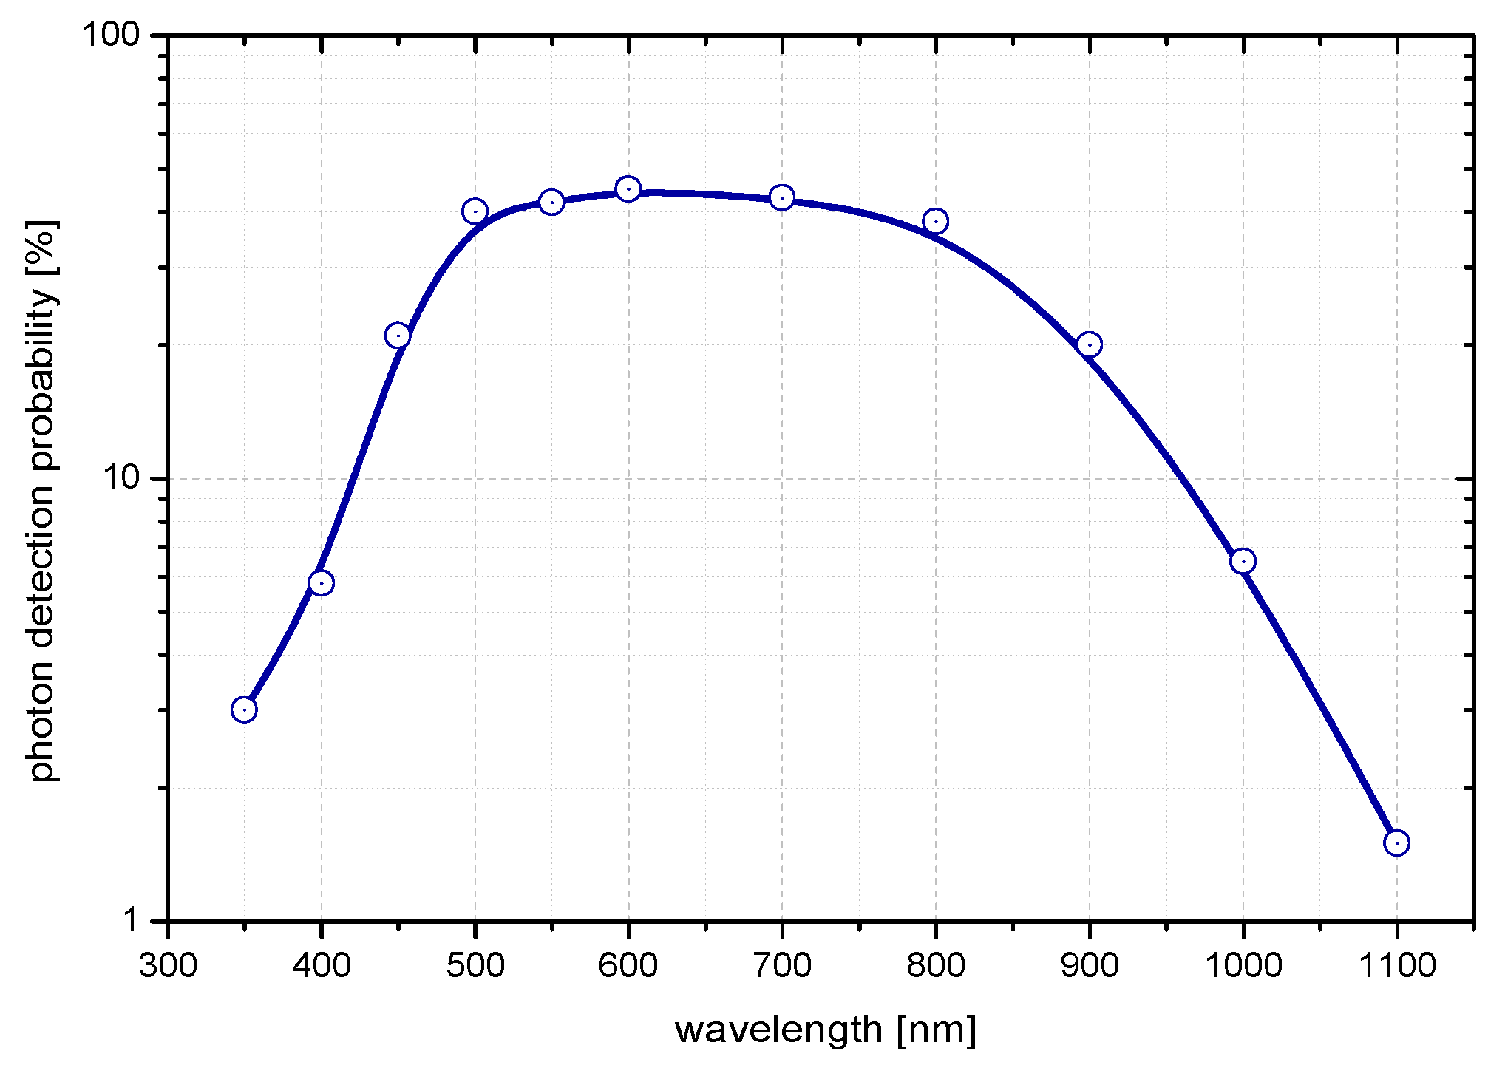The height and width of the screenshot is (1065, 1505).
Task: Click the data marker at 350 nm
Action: (x=244, y=710)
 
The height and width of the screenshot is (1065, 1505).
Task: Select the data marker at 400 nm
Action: (x=321, y=583)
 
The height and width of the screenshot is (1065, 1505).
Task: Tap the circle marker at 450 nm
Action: (x=398, y=336)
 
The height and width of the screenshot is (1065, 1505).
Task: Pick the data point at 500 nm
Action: (x=475, y=211)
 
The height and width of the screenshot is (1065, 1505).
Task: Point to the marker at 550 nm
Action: (x=551, y=202)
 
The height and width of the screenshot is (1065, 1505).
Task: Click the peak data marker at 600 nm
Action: (x=628, y=189)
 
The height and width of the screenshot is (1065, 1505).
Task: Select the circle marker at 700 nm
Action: (x=782, y=197)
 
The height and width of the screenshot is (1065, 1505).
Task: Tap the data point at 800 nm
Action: (x=936, y=221)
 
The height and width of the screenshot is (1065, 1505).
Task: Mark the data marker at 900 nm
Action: (x=1090, y=344)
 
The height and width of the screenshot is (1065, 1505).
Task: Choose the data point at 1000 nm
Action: (x=1243, y=561)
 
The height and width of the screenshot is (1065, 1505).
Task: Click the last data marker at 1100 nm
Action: (x=1396, y=843)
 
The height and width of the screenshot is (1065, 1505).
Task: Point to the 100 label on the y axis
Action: (x=111, y=35)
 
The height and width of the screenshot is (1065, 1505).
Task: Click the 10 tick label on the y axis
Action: (x=120, y=478)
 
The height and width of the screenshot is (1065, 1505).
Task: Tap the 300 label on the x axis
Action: (x=169, y=966)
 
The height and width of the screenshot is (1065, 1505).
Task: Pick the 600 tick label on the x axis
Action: (x=628, y=966)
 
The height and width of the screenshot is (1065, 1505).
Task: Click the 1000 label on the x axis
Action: (x=1243, y=966)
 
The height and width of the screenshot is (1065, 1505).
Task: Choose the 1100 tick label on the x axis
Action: (x=1396, y=966)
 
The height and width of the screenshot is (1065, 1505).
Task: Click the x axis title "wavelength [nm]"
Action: (x=825, y=1030)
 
